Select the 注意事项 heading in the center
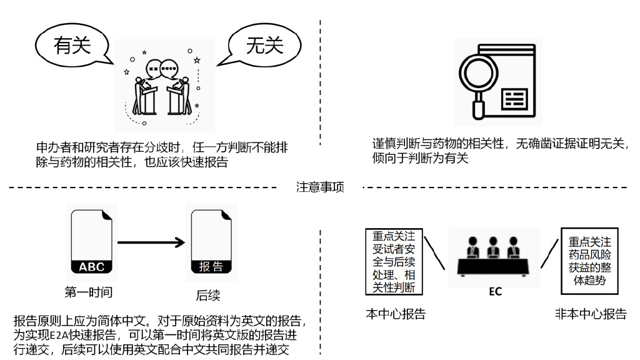click(319, 187)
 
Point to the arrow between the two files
click(152, 242)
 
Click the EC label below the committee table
click(495, 291)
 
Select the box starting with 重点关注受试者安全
click(394, 262)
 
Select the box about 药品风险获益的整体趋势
click(591, 261)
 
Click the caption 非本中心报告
click(591, 314)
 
